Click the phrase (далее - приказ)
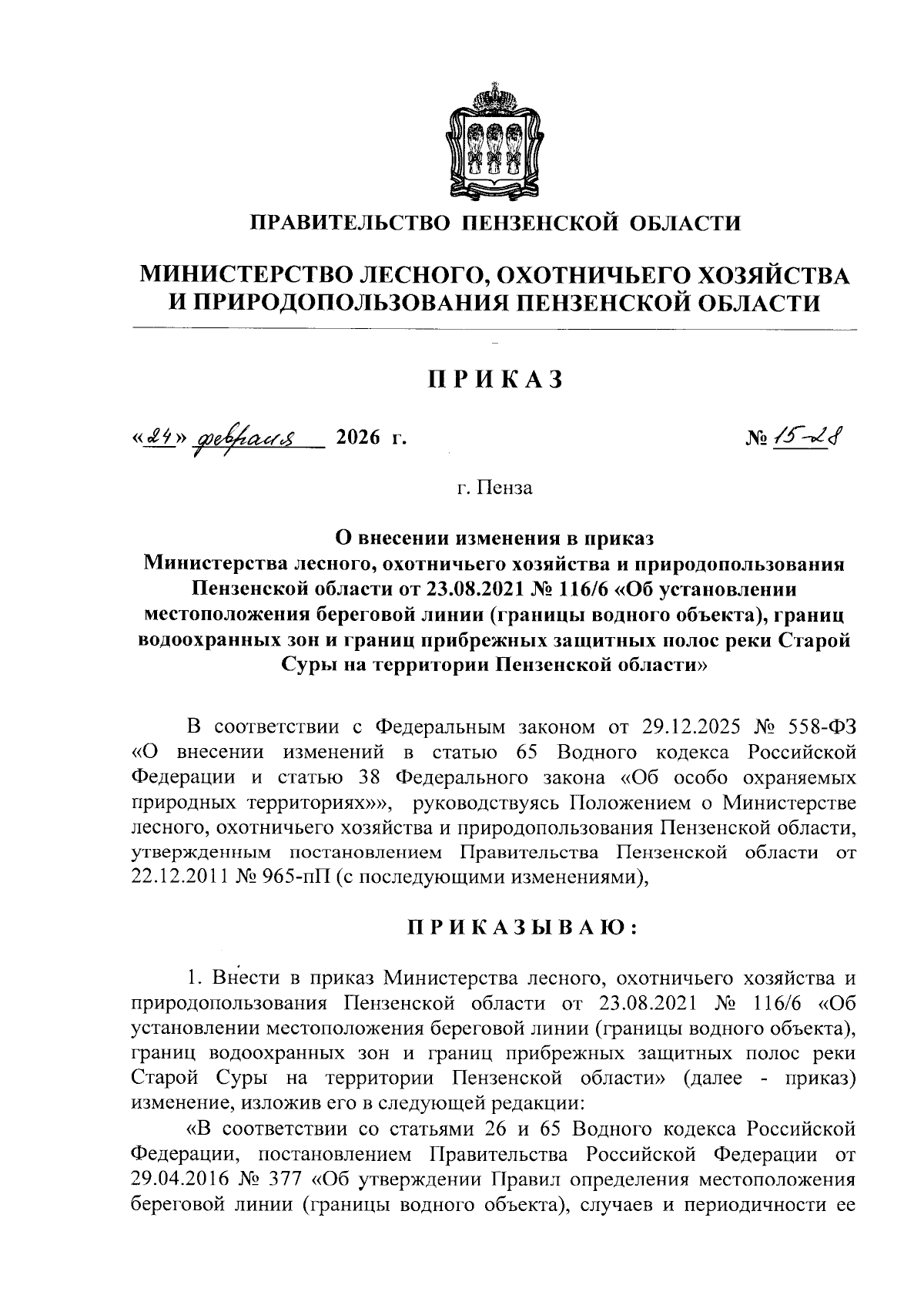pyautogui.click(x=769, y=1078)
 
